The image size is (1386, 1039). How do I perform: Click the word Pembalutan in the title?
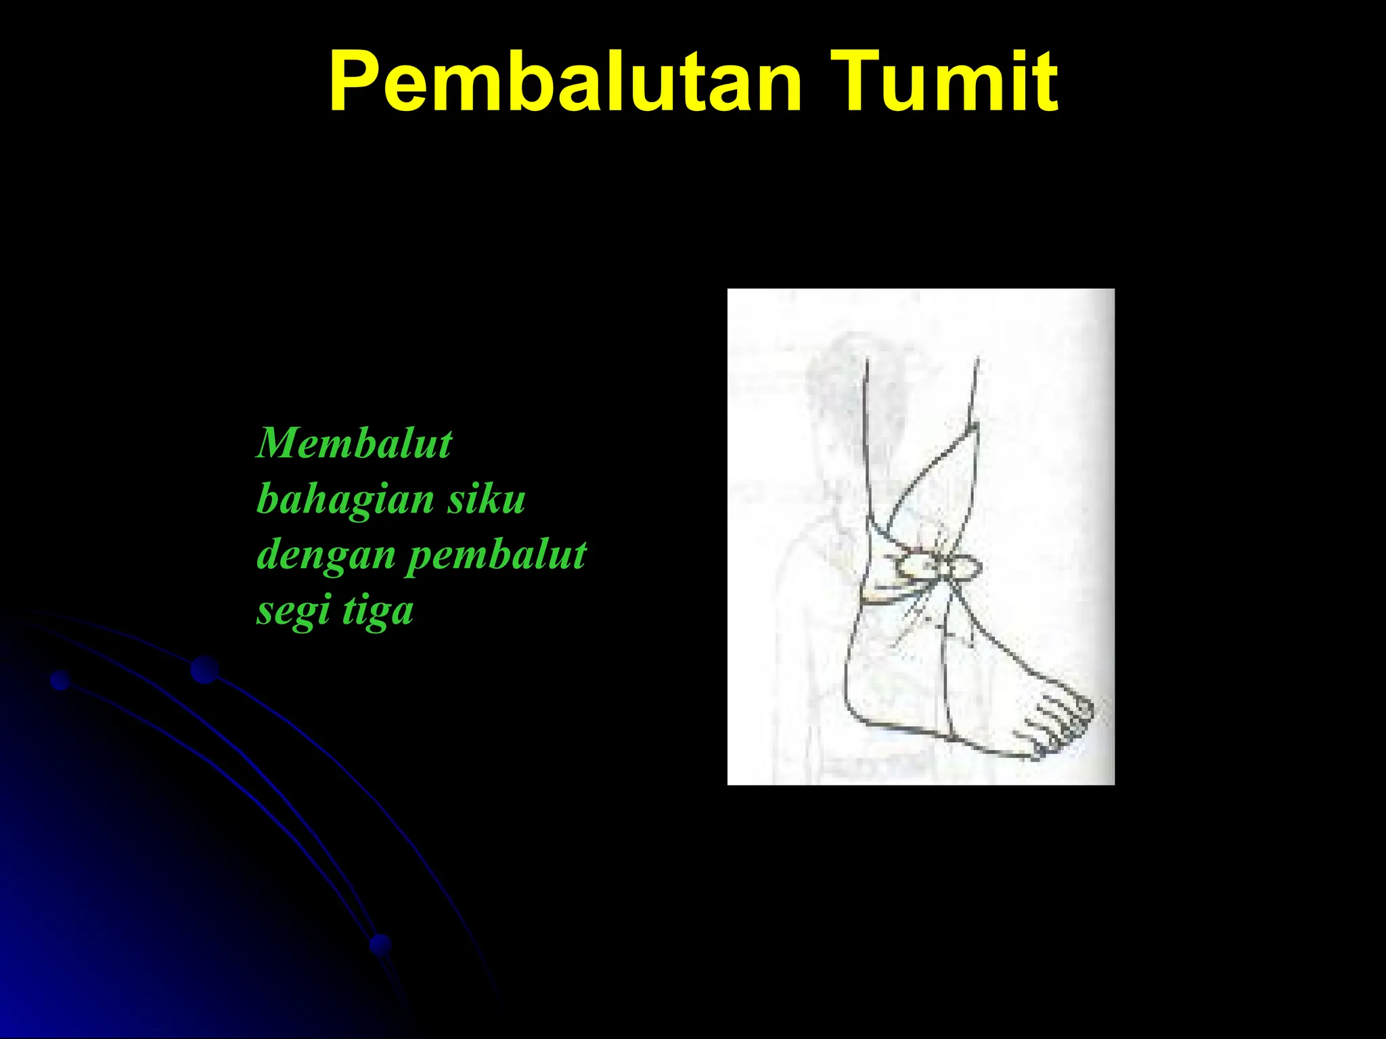click(565, 83)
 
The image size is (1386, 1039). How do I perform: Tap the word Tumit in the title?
click(944, 83)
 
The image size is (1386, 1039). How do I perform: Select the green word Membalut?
click(354, 444)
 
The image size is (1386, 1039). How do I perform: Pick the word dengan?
click(326, 556)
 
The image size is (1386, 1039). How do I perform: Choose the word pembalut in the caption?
click(496, 556)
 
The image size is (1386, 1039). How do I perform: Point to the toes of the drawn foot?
click(1059, 727)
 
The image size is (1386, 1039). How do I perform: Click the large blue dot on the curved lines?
click(204, 670)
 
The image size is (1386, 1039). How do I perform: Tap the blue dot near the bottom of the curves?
click(381, 944)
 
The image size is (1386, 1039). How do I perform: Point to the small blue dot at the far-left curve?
click(61, 680)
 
